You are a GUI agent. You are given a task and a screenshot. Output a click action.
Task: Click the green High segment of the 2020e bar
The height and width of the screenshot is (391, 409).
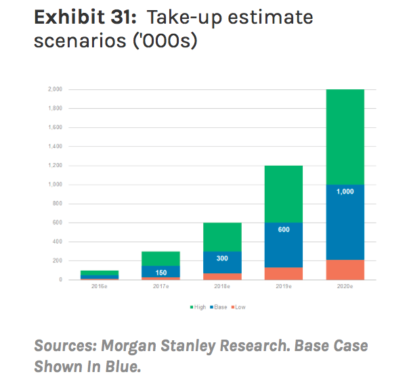point(345,137)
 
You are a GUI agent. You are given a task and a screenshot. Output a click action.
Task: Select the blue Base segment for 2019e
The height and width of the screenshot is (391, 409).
point(283,245)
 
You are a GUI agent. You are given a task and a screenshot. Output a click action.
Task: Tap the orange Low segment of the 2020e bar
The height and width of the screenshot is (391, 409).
point(345,269)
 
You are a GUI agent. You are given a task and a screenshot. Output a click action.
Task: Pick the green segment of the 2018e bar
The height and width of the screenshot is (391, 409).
point(222,237)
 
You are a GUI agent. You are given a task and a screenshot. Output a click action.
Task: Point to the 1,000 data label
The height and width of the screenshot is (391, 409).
point(345,191)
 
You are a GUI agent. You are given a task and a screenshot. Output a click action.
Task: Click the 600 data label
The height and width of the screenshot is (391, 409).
point(283,229)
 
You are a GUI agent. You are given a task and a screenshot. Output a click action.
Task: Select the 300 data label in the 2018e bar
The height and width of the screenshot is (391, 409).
point(222,258)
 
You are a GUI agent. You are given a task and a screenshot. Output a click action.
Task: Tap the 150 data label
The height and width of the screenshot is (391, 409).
point(160,273)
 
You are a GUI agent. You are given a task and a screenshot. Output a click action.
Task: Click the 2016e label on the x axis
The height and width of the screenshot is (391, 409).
point(100,287)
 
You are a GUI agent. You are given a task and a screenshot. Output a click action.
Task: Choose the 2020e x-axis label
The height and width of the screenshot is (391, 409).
point(345,287)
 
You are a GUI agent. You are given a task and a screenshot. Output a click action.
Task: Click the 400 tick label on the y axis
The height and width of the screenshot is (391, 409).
point(58,241)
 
